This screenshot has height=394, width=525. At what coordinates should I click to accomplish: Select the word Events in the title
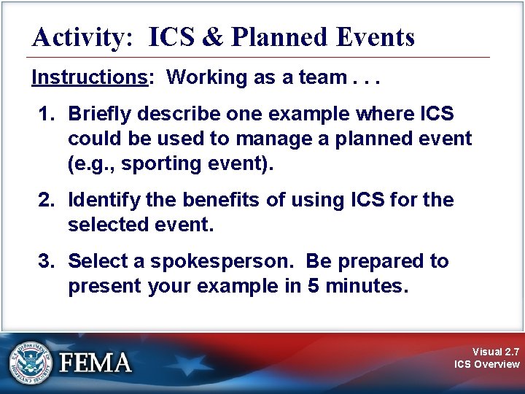378,36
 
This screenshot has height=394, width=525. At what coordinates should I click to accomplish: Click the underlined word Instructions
90,78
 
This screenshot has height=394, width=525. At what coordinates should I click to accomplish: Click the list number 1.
46,114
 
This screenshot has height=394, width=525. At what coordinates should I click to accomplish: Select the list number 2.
46,200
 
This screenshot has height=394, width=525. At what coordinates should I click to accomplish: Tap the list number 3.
46,261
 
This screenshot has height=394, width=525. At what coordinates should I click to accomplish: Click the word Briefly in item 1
97,115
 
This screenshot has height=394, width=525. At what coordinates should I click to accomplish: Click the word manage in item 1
269,138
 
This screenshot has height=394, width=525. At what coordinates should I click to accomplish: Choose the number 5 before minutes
314,286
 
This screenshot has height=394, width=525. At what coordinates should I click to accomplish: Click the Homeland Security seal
31,363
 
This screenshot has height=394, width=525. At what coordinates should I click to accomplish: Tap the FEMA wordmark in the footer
96,363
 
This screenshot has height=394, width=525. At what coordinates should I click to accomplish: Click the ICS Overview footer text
486,364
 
